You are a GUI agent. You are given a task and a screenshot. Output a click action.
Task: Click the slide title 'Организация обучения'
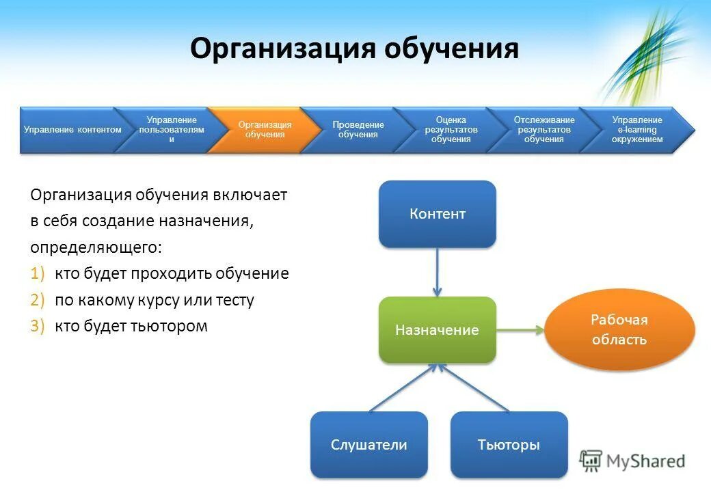click(x=354, y=50)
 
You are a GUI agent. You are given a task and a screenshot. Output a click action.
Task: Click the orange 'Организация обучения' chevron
click(x=263, y=130)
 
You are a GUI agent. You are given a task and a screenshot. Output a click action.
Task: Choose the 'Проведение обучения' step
click(x=358, y=130)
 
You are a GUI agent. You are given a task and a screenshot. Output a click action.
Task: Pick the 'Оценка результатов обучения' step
click(x=451, y=130)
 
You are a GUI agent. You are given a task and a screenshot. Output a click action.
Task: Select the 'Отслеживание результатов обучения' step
click(x=544, y=130)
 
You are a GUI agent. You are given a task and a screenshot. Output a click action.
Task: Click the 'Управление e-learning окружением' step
click(x=636, y=130)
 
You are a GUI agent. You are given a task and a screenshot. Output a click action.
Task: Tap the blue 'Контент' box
click(x=438, y=214)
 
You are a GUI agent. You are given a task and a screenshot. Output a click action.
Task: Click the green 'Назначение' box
click(x=438, y=330)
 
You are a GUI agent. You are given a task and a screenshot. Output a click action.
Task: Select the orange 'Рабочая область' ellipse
click(x=619, y=330)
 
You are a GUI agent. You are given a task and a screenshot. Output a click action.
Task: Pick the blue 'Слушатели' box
click(x=369, y=445)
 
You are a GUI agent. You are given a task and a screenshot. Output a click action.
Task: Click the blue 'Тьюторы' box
click(x=509, y=445)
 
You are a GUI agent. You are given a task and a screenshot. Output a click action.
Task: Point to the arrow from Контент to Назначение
click(x=438, y=272)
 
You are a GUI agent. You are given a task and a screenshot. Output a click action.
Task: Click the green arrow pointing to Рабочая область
click(x=520, y=330)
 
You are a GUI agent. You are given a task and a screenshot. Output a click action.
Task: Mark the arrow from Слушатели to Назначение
click(x=403, y=388)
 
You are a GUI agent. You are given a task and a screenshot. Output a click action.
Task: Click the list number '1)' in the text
click(x=38, y=274)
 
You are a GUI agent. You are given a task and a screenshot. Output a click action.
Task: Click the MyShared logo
click(x=632, y=461)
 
